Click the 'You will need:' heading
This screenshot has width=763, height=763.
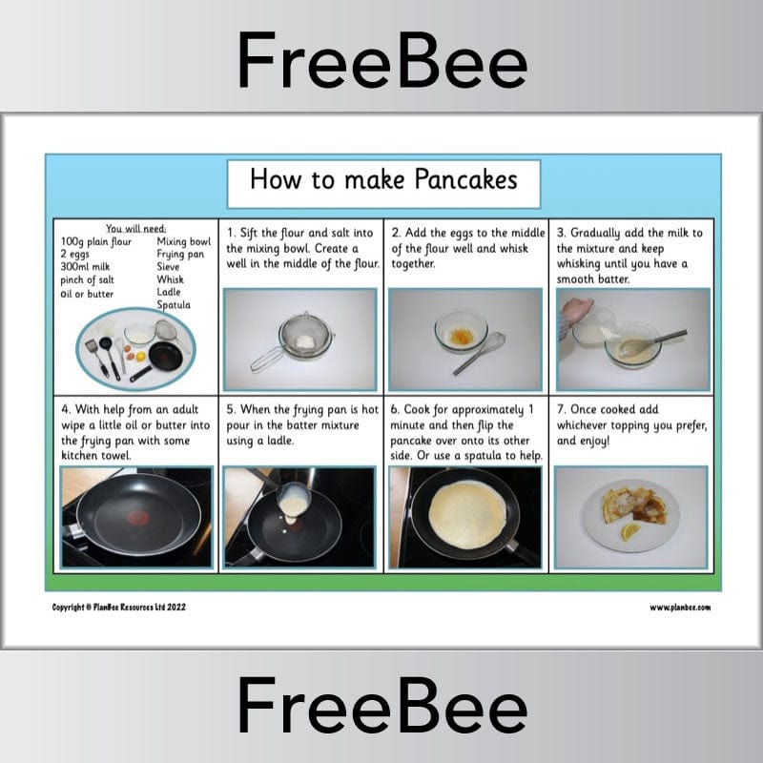pyautogui.click(x=134, y=228)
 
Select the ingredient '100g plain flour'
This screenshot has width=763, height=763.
pyautogui.click(x=96, y=242)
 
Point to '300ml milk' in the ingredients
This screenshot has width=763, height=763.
pyautogui.click(x=85, y=267)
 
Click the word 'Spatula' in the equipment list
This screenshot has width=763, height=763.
pyautogui.click(x=174, y=305)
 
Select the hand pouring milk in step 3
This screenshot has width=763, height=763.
pyautogui.click(x=576, y=312)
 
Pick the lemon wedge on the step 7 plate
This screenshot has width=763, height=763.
pyautogui.click(x=631, y=532)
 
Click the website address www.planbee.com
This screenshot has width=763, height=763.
pyautogui.click(x=679, y=608)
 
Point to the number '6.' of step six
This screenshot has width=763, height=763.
pyautogui.click(x=397, y=410)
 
